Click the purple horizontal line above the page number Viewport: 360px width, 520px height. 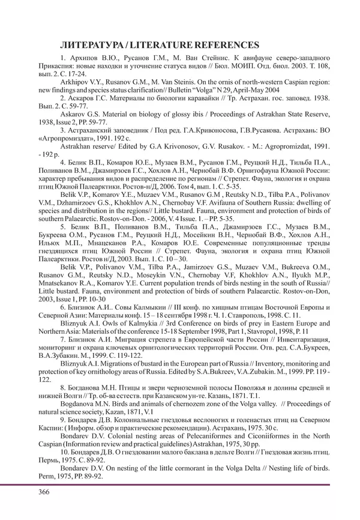[180, 484]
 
